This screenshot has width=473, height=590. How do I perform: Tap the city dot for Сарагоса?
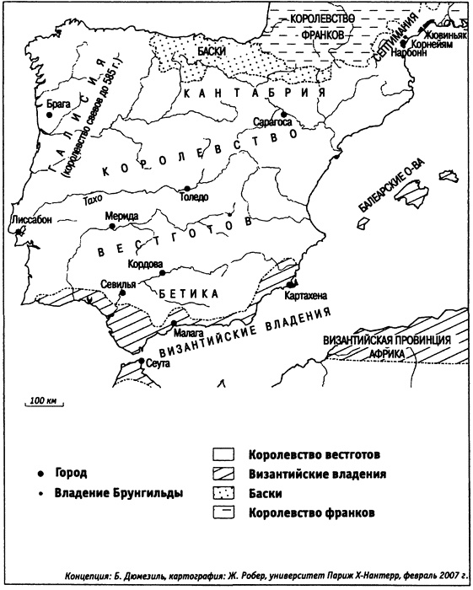(286, 113)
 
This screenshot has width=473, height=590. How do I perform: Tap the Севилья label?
(117, 284)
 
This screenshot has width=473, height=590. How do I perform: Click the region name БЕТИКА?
(187, 293)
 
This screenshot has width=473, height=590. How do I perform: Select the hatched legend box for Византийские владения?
(224, 474)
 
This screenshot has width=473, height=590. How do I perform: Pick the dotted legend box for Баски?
(224, 493)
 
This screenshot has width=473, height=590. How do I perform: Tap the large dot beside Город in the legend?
(40, 473)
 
